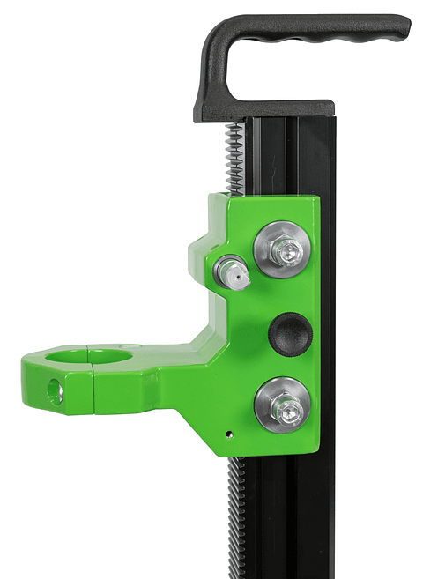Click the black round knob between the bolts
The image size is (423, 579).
287,331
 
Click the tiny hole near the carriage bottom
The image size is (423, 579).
227,434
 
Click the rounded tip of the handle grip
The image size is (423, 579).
401,29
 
